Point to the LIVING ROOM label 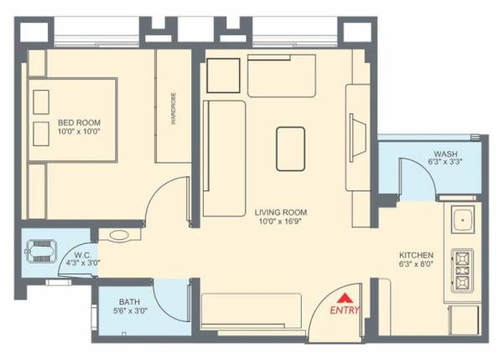click(280, 213)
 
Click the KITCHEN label click(416, 254)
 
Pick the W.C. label click(82, 253)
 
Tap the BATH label click(129, 301)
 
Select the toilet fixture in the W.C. click(39, 250)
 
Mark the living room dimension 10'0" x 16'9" click(280, 223)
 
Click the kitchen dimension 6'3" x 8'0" click(416, 264)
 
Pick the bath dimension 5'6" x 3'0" click(130, 311)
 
